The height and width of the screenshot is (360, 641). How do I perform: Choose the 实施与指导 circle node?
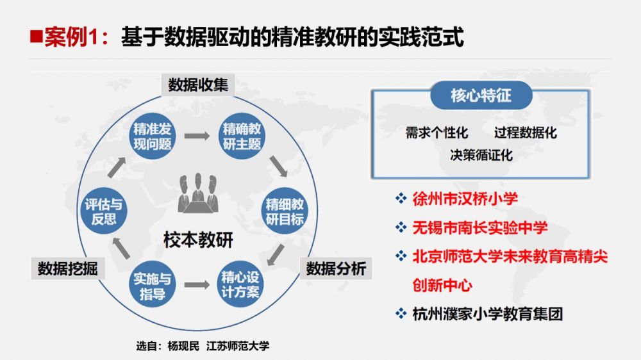(152, 286)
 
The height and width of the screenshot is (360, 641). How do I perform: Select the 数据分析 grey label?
(335, 268)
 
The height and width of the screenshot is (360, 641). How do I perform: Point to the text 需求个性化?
(437, 133)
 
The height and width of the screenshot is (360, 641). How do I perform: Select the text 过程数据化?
(525, 133)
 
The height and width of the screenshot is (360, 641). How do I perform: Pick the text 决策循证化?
(481, 155)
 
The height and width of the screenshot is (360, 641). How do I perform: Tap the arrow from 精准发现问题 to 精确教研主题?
(197, 136)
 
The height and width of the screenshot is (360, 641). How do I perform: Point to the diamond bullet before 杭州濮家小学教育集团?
(401, 314)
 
